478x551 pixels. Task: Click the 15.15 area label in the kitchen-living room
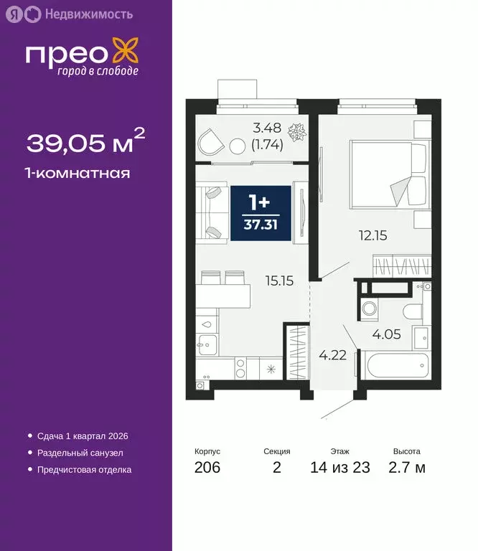(278, 281)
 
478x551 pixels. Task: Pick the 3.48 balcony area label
(267, 130)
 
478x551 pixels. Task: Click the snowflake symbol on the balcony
(296, 132)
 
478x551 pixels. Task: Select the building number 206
(207, 468)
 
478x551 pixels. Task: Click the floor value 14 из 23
(340, 468)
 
